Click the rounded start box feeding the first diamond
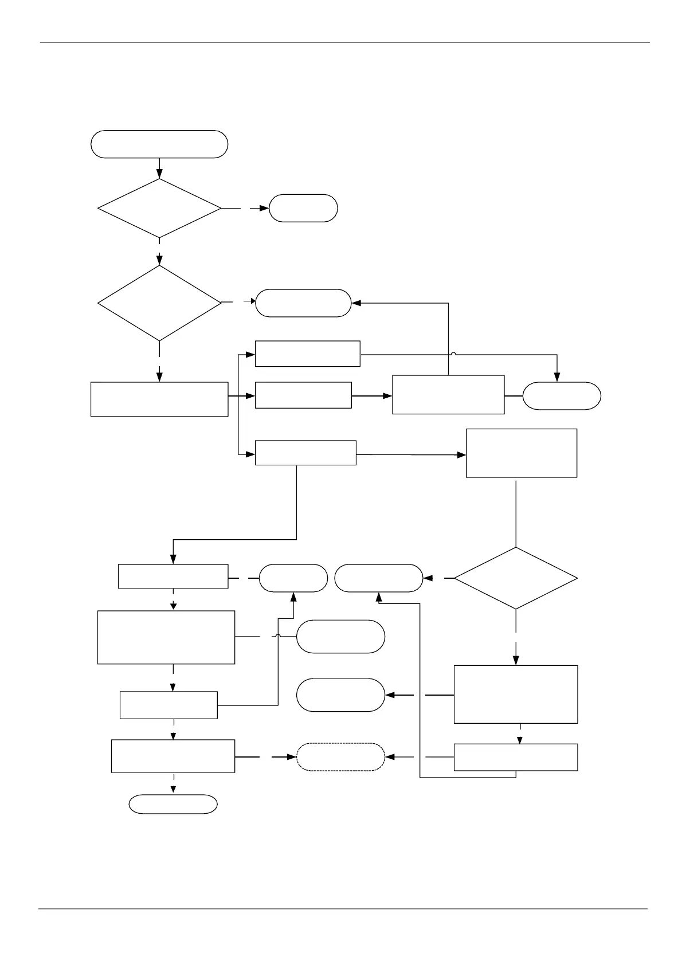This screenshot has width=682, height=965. point(159,144)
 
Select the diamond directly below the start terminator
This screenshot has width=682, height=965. point(159,208)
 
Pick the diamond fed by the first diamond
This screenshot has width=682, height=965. point(159,303)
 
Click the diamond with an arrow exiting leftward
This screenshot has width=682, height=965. point(516,578)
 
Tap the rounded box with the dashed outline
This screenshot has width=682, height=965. point(340,757)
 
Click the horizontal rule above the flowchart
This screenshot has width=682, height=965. point(344,42)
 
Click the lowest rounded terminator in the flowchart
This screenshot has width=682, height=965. point(173,804)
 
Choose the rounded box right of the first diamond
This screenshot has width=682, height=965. point(303,208)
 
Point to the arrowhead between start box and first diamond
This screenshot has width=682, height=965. point(159,174)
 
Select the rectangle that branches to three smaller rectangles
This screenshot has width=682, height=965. point(159,399)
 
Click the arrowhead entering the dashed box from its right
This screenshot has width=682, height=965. point(389,757)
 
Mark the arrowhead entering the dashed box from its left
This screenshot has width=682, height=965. point(292,757)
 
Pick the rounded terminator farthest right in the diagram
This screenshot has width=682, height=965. point(562,396)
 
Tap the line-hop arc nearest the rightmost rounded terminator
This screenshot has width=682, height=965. point(453,354)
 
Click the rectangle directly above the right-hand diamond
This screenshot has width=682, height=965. point(522,453)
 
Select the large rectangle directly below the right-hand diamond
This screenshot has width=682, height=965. point(516,694)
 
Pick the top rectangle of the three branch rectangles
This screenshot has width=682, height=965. point(307,354)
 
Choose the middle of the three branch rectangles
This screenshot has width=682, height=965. point(303,395)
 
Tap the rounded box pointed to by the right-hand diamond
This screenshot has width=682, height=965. point(379,578)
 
